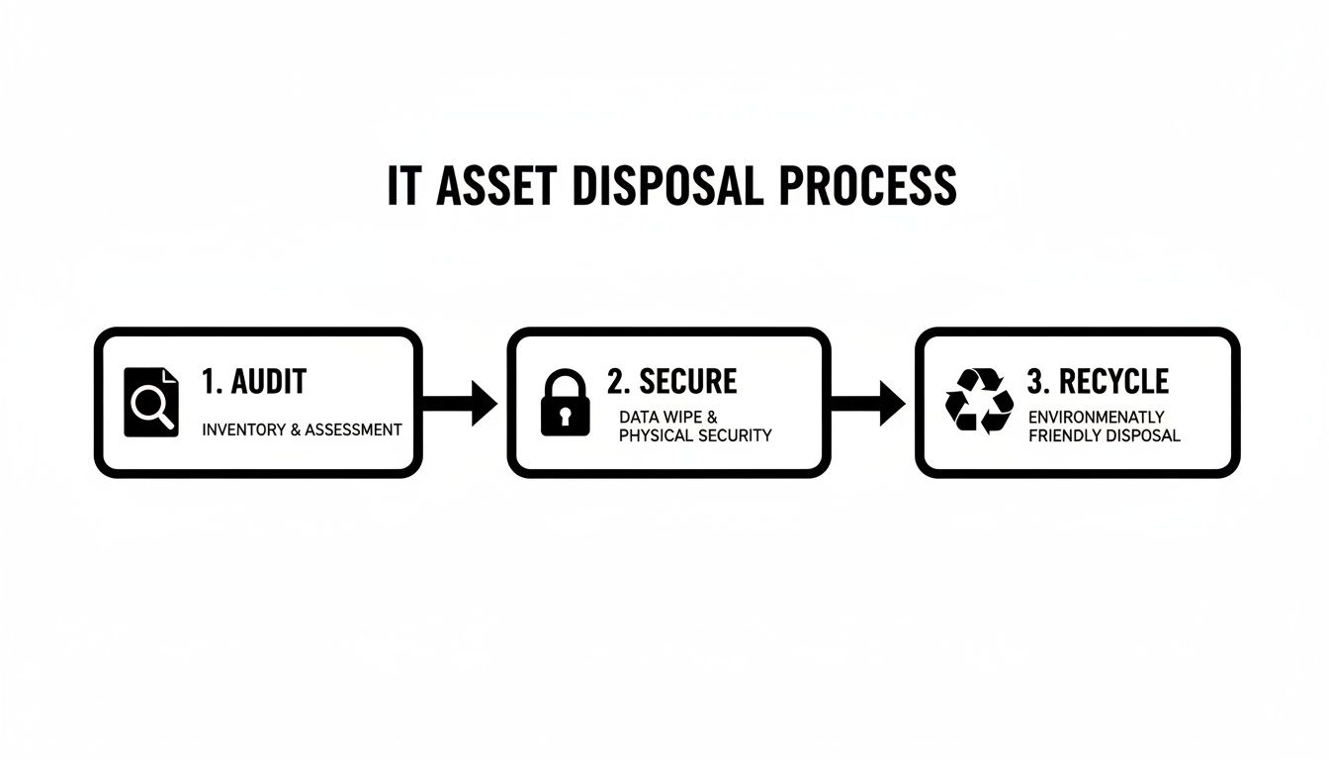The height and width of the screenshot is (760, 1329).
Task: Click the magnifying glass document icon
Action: (x=152, y=402)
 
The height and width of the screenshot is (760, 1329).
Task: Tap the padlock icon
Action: (x=565, y=403)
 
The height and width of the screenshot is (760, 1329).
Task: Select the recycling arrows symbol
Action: (x=979, y=401)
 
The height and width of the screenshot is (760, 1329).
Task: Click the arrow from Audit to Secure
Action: (x=461, y=403)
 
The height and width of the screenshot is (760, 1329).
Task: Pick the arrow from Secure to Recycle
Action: (x=869, y=403)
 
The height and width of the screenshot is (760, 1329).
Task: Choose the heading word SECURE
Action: (x=688, y=381)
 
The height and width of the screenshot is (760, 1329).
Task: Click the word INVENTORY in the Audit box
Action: (x=237, y=429)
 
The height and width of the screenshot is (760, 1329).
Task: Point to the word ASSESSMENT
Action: (x=353, y=429)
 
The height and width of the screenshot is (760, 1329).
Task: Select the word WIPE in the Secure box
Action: (x=680, y=418)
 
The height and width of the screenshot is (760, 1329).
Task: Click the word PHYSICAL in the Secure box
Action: (x=655, y=435)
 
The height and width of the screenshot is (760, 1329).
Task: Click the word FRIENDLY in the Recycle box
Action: (x=1064, y=435)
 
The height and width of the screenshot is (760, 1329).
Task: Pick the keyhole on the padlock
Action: (x=565, y=417)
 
